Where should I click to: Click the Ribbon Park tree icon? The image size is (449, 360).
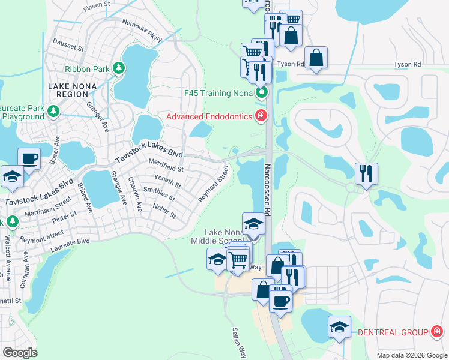[x=120, y=69]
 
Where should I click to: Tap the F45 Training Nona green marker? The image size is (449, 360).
[x=262, y=93]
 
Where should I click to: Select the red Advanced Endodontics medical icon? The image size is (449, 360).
[x=261, y=116]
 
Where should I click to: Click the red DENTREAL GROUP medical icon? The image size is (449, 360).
[x=437, y=332]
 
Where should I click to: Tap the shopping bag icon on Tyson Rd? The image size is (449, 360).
[x=316, y=58]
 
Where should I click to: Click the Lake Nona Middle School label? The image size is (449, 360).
[x=224, y=236]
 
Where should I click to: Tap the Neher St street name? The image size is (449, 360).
[x=164, y=214]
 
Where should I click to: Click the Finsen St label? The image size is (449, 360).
[x=98, y=7]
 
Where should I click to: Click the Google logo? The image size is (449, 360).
[x=20, y=353]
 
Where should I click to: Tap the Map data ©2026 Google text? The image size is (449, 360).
[x=411, y=355]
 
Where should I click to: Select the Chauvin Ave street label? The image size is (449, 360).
[x=137, y=198]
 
